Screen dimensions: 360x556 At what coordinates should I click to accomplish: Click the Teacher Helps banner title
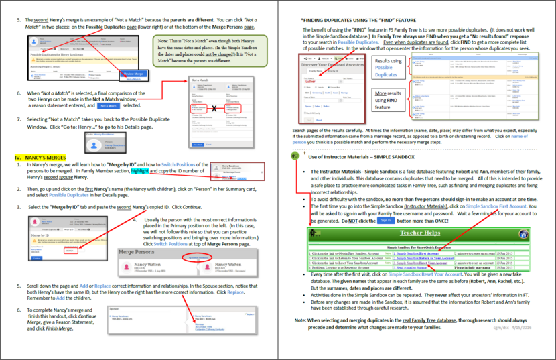[x=419, y=233]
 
